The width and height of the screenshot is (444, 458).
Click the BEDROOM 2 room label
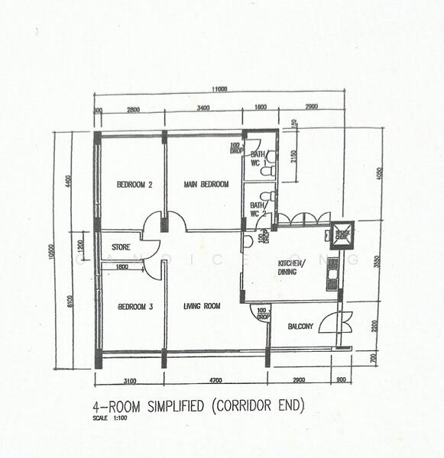pos(135,185)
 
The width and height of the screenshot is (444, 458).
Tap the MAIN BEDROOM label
pos(206,185)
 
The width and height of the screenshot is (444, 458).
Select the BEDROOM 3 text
pos(135,307)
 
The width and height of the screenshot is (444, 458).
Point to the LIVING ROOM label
pos(202,306)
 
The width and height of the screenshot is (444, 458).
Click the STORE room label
pos(122,247)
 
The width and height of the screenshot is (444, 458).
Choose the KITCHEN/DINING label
pos(291,266)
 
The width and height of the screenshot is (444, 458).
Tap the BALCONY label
pos(300,327)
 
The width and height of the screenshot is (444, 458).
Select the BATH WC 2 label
pos(258,209)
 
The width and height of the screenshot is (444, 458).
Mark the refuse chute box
pos(342,234)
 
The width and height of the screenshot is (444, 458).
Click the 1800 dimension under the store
pos(122,266)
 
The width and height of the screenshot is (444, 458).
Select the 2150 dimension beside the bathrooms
pos(293,160)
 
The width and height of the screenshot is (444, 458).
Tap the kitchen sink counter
pos(332,273)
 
